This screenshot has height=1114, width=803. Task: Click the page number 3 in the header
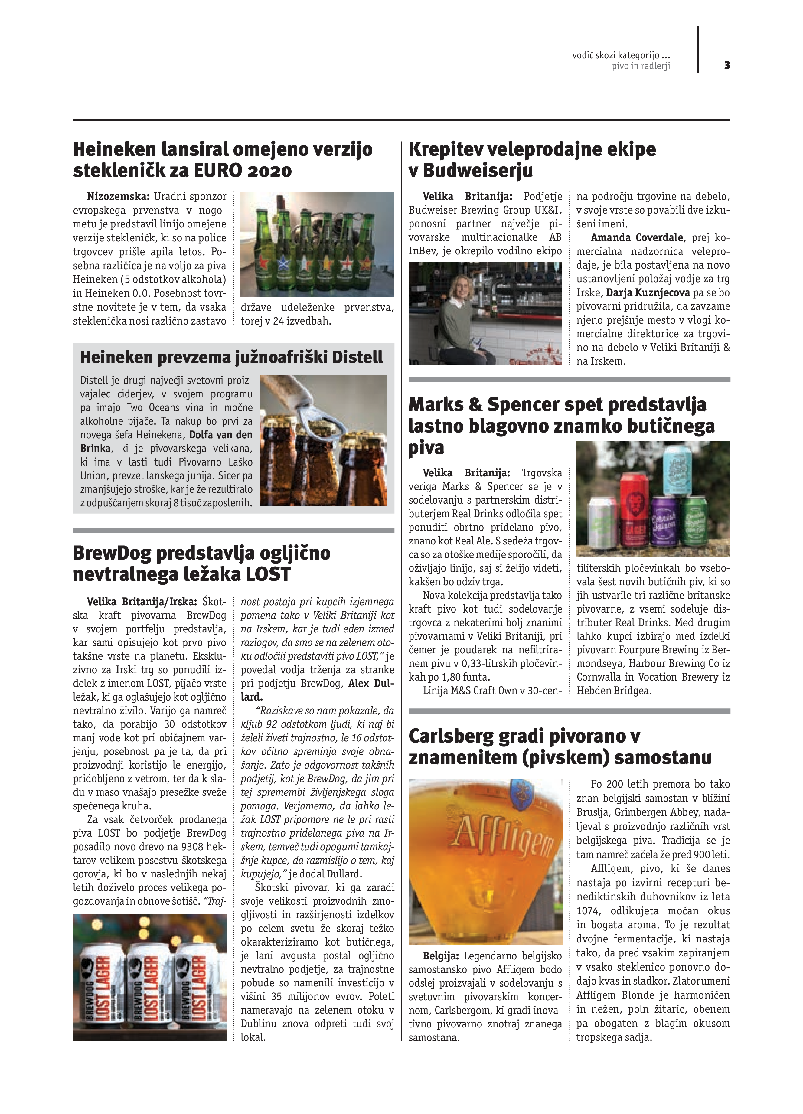click(727, 65)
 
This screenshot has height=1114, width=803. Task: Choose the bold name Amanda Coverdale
click(637, 238)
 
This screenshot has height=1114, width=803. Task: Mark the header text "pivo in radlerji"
click(641, 66)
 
